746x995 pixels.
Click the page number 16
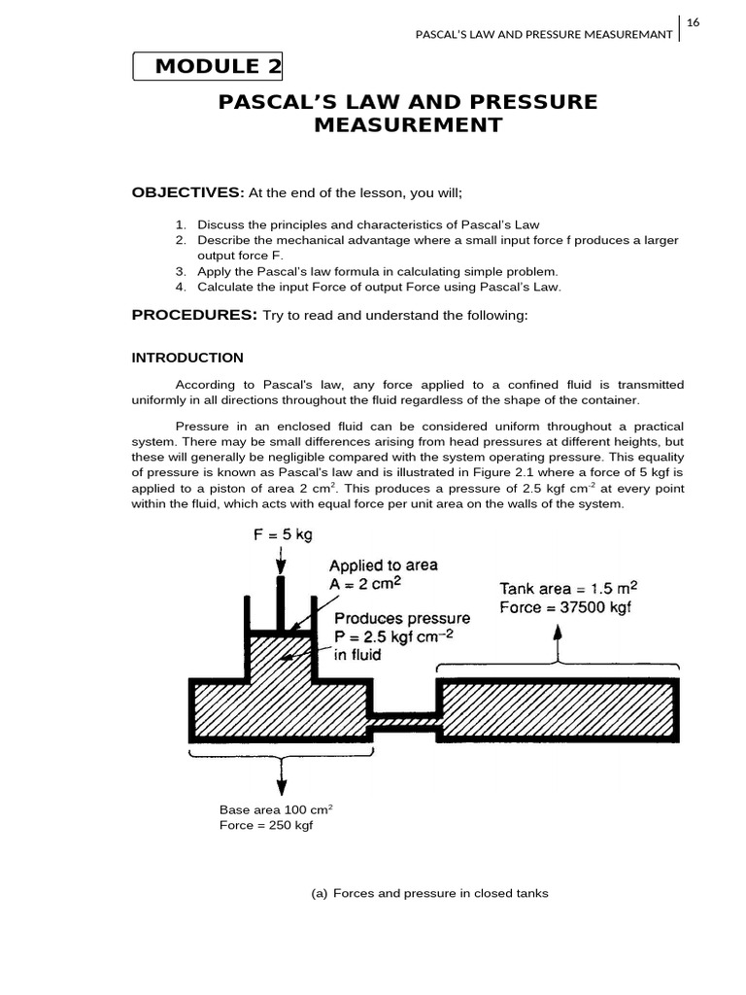tap(694, 22)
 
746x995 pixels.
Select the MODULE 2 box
tap(208, 67)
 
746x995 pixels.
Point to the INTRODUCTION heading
tap(187, 358)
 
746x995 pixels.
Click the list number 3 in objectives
tap(181, 271)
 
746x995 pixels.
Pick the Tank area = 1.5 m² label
tap(568, 589)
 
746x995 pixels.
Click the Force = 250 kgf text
tap(266, 825)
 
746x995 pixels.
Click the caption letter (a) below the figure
tap(319, 893)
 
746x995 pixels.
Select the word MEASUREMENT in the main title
tap(408, 125)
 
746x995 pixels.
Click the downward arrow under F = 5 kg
tap(281, 561)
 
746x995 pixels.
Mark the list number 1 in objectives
tap(181, 224)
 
